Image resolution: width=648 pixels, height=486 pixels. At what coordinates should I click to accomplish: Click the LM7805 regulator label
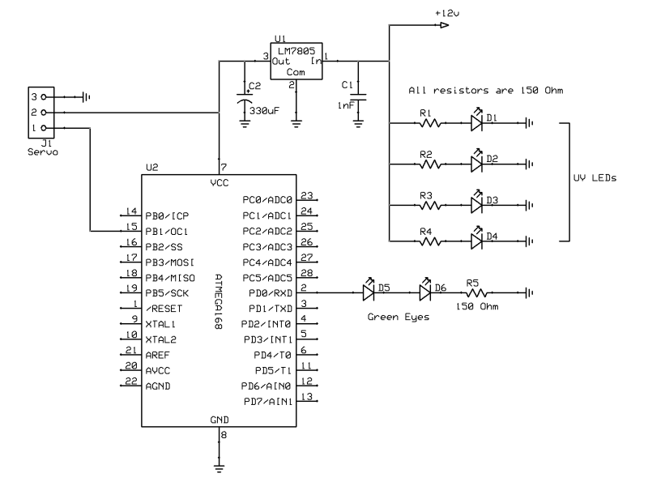coord(293,48)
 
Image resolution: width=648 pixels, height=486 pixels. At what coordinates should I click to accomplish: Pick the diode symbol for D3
coord(477,202)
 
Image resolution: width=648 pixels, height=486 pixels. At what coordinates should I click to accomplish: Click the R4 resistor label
coord(426,230)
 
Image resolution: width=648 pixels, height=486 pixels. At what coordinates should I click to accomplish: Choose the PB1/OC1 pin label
coord(167,231)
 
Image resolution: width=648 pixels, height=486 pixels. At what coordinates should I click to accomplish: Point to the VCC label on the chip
coord(220,183)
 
